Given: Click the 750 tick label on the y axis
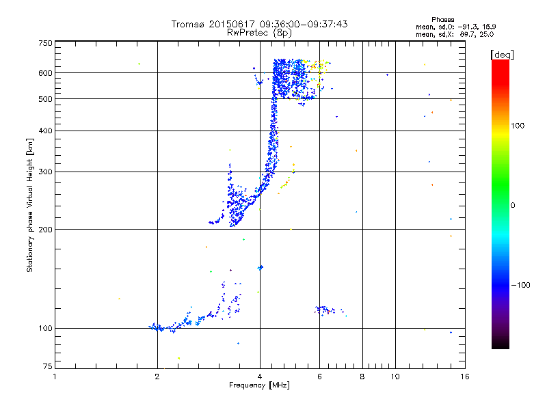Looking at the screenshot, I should tap(45, 42).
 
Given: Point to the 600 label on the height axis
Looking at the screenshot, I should tap(45, 73).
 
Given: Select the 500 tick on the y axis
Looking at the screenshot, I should tap(45, 99).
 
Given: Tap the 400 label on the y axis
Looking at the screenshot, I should tap(45, 131).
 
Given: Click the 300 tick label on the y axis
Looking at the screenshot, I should tap(45, 172).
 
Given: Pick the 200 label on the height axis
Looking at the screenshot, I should tap(45, 230).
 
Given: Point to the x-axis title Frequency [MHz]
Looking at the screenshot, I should tap(259, 385).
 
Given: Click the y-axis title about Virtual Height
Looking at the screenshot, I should tap(30, 205).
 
